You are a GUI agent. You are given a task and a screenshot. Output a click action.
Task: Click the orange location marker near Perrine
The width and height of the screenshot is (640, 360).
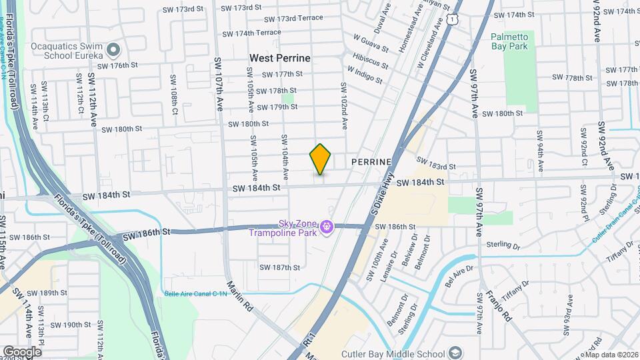321,159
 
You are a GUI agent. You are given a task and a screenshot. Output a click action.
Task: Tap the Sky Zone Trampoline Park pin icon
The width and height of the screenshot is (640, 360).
327,228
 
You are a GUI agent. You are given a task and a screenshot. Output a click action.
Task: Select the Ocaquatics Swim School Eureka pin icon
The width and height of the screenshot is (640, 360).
114,50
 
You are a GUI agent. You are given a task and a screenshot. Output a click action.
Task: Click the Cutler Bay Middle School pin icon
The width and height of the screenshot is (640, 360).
455,353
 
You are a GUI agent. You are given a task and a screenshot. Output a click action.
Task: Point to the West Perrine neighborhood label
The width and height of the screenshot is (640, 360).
280,59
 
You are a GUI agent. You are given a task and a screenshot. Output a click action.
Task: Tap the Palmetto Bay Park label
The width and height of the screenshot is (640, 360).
509,41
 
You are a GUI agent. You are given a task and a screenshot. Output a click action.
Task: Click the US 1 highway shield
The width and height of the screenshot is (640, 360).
453,21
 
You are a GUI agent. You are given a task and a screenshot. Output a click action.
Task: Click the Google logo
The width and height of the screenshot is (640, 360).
22,351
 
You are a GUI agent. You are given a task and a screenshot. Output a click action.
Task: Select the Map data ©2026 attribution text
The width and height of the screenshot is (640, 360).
611,355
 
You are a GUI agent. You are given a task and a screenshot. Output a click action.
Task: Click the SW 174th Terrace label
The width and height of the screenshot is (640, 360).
252,33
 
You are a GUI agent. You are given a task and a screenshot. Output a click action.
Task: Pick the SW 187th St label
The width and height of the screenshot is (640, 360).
280,267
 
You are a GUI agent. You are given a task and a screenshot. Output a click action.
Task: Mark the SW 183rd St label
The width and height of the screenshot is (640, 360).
436,163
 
